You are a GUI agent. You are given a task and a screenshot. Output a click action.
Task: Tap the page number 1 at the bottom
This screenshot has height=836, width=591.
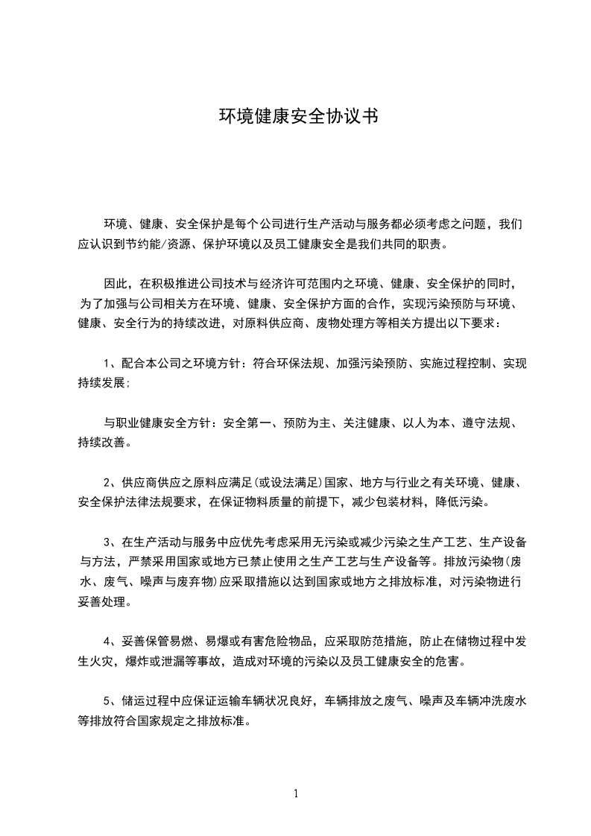click(296, 794)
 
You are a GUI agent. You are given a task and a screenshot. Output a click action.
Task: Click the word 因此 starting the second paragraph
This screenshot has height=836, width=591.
click(115, 284)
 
